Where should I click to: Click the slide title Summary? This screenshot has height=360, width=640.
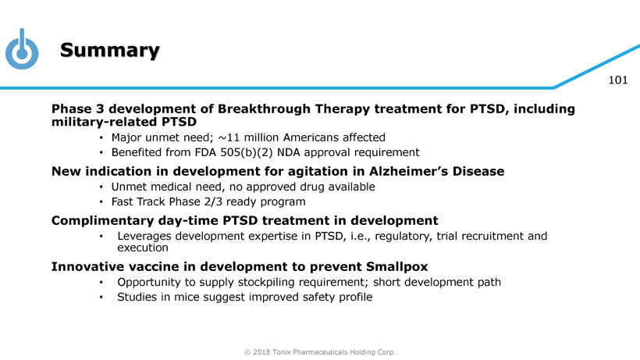(x=110, y=51)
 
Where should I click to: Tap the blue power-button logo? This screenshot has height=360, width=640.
(x=22, y=49)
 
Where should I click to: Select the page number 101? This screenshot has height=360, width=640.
(x=618, y=80)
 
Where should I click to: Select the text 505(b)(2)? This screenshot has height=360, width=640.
(x=247, y=152)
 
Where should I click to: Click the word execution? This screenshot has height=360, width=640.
(x=143, y=248)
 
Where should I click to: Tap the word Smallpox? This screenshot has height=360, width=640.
(x=396, y=267)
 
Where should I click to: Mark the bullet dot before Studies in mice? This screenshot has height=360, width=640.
(x=101, y=298)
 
